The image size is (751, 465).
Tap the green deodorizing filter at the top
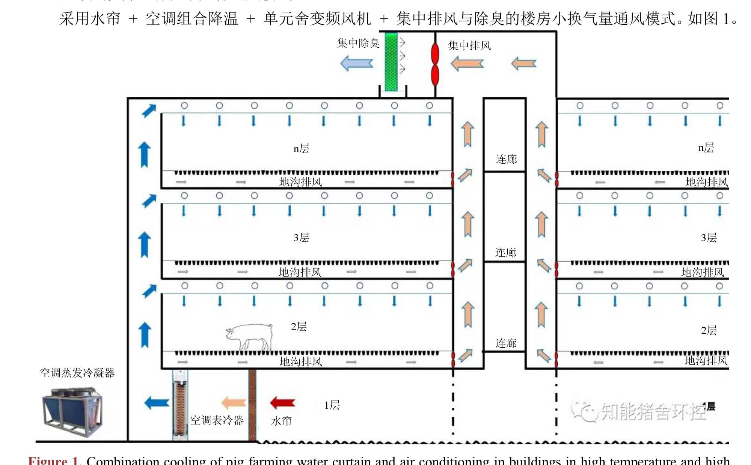point(391,62)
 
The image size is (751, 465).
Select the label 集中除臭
point(358,43)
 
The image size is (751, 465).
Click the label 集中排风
point(469,45)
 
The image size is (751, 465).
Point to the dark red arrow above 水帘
point(282,403)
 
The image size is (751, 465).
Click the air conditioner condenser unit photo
point(72,412)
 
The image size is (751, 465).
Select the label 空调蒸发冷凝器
point(77,373)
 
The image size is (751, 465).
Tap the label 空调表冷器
point(217,420)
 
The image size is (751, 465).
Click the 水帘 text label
point(281,421)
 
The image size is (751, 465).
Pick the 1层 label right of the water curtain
point(332,405)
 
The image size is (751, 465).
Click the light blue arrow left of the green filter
point(356,63)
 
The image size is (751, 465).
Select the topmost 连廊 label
point(506,159)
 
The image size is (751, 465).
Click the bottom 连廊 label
point(506,343)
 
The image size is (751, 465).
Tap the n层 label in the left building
point(301,149)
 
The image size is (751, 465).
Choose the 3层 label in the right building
point(709,238)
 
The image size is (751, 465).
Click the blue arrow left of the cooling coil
point(157,403)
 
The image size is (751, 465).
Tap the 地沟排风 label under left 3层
point(300,272)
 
